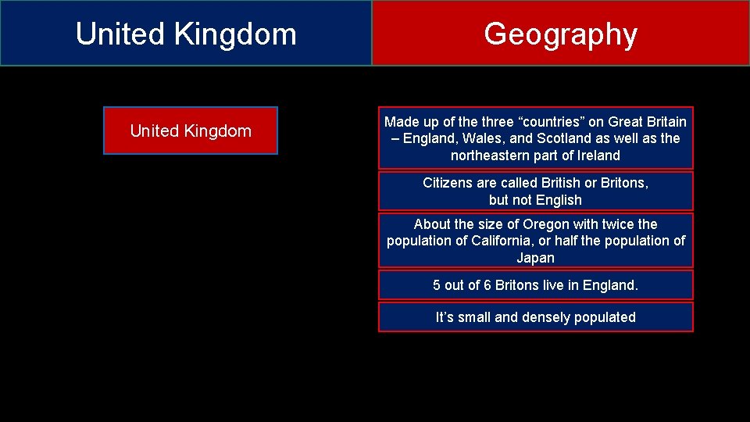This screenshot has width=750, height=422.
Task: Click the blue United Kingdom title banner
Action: (186, 34)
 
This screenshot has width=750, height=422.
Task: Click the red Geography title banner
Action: (560, 34)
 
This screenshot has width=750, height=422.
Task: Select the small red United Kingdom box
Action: (191, 131)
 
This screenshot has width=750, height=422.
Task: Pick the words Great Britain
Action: (648, 122)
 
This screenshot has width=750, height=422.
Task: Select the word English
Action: (559, 200)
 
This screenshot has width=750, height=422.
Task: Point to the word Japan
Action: (536, 258)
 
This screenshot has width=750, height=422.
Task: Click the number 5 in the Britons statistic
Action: (437, 285)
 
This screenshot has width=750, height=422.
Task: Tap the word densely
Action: (548, 317)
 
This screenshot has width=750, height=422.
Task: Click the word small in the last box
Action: (475, 317)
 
